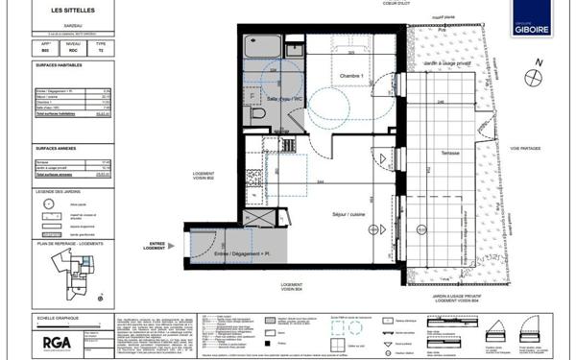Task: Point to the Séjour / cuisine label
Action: [348, 214]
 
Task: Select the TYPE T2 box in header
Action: [101, 47]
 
